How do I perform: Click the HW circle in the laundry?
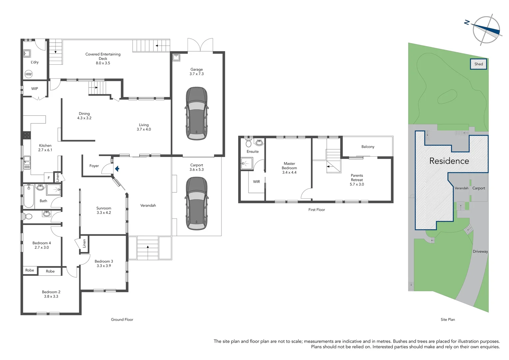pos(29,74)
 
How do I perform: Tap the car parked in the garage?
pos(197,114)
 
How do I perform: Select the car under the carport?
pos(197,203)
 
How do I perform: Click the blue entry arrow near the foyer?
pos(117,169)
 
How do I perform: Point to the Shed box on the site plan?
pos(478,64)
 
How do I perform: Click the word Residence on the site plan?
pos(449,161)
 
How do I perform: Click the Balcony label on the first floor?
pos(368,147)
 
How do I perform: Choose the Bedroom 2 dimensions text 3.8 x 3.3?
pos(51,296)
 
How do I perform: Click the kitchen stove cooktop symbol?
pos(27,135)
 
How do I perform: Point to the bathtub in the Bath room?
pos(29,196)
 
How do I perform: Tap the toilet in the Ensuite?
pos(249,143)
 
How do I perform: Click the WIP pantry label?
pos(35,89)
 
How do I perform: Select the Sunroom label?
pos(104,208)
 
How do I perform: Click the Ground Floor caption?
pos(122,319)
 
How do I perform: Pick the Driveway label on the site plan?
pos(480,251)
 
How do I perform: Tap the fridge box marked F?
pos(49,178)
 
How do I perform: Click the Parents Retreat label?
pos(357,177)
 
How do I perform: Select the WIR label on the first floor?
pos(256,182)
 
